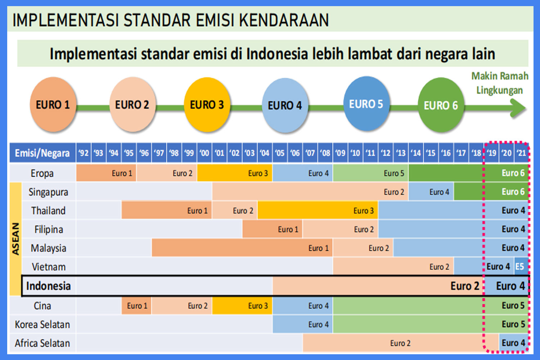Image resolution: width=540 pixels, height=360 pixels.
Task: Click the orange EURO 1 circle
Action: pyautogui.click(x=53, y=105)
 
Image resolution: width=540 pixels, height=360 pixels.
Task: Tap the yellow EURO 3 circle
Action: pyautogui.click(x=207, y=105)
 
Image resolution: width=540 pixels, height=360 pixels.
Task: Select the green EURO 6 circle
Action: pyautogui.click(x=441, y=105)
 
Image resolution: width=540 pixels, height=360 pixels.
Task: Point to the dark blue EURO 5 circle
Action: pyautogui.click(x=366, y=104)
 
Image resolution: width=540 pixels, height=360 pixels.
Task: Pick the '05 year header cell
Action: pyautogui.click(x=280, y=153)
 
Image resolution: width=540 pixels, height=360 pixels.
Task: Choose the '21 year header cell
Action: pyautogui.click(x=521, y=153)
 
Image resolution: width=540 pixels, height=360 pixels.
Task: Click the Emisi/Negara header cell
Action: pyautogui.click(x=42, y=153)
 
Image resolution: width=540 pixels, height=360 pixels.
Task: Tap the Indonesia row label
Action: pyautogui.click(x=49, y=286)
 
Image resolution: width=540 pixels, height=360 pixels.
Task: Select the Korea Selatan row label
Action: pyautogui.click(x=42, y=325)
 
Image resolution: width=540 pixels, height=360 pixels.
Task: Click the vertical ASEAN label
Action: pyautogui.click(x=15, y=239)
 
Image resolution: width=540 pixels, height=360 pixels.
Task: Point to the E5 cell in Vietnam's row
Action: pyautogui.click(x=520, y=266)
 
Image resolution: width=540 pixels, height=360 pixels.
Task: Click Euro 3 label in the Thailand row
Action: pyautogui.click(x=364, y=211)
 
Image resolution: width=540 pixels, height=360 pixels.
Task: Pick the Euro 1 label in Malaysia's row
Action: pyautogui.click(x=319, y=248)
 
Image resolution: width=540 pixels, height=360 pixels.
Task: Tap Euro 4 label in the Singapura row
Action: pyautogui.click(x=439, y=192)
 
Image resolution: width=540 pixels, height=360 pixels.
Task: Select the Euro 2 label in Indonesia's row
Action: pyautogui.click(x=465, y=286)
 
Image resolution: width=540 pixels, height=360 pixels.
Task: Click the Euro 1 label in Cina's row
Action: pyautogui.click(x=137, y=306)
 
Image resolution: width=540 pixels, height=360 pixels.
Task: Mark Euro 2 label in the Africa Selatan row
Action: pyautogui.click(x=400, y=343)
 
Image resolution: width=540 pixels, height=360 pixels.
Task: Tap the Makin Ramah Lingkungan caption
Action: pyautogui.click(x=500, y=83)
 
